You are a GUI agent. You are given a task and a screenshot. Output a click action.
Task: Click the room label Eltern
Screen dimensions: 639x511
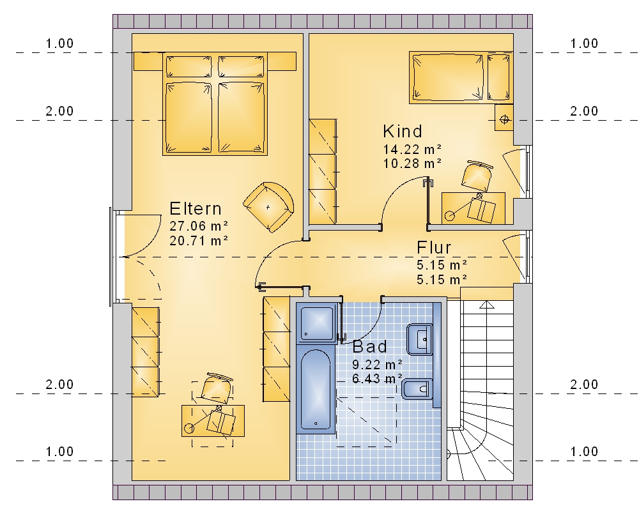click(x=195, y=209)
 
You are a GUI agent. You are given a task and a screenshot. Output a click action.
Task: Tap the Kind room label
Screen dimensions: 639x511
click(x=403, y=132)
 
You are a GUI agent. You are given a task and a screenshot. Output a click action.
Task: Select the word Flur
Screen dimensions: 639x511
click(x=434, y=248)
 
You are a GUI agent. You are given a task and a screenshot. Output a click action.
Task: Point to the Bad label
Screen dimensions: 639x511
click(x=369, y=347)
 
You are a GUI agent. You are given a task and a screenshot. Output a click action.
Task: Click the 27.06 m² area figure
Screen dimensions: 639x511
click(x=199, y=225)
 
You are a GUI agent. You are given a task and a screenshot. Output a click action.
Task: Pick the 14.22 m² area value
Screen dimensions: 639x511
click(x=412, y=149)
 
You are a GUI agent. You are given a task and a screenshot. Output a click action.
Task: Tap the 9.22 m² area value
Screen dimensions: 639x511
click(x=378, y=364)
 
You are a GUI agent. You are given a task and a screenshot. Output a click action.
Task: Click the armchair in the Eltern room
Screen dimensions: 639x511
click(x=268, y=207)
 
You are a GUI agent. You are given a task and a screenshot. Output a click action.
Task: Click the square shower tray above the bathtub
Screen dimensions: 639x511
click(x=318, y=324)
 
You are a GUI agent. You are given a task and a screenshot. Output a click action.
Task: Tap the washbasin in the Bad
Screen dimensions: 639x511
click(x=420, y=339)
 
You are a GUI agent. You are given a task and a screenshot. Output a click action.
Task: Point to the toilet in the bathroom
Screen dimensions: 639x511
click(x=417, y=389)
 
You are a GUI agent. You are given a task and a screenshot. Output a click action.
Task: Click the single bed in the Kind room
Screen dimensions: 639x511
click(x=461, y=77)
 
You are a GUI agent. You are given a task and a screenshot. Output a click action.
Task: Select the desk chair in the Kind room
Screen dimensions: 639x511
click(x=477, y=176)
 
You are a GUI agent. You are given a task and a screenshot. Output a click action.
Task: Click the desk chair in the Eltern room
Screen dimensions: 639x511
click(x=217, y=387)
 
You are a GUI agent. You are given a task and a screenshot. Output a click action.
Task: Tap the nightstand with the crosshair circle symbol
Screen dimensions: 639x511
click(x=504, y=118)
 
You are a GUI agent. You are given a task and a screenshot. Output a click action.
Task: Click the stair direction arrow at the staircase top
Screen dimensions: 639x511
click(x=486, y=305)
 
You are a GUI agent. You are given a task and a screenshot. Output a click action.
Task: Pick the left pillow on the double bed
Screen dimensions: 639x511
click(x=189, y=66)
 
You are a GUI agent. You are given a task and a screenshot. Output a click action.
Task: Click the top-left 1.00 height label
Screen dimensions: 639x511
click(x=59, y=43)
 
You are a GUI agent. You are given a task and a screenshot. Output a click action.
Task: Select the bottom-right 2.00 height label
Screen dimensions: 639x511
click(x=584, y=385)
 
